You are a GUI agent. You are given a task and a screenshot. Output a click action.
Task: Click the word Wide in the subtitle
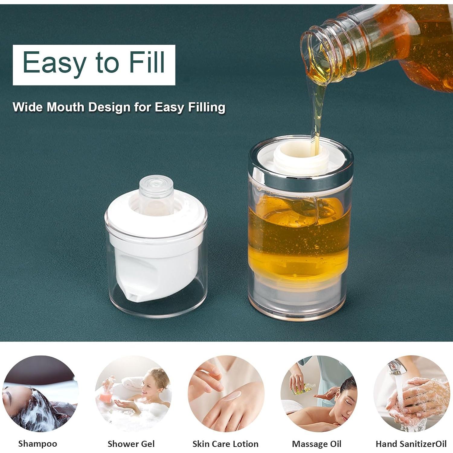(27, 107)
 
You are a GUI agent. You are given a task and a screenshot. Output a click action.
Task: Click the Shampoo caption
(37, 444)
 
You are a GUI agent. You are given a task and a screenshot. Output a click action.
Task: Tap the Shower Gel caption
(131, 444)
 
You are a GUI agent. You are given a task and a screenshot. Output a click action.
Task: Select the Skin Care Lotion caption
(225, 444)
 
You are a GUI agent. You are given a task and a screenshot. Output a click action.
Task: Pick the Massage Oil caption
(316, 444)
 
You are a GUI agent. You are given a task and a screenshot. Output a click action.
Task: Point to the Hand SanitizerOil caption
(411, 444)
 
